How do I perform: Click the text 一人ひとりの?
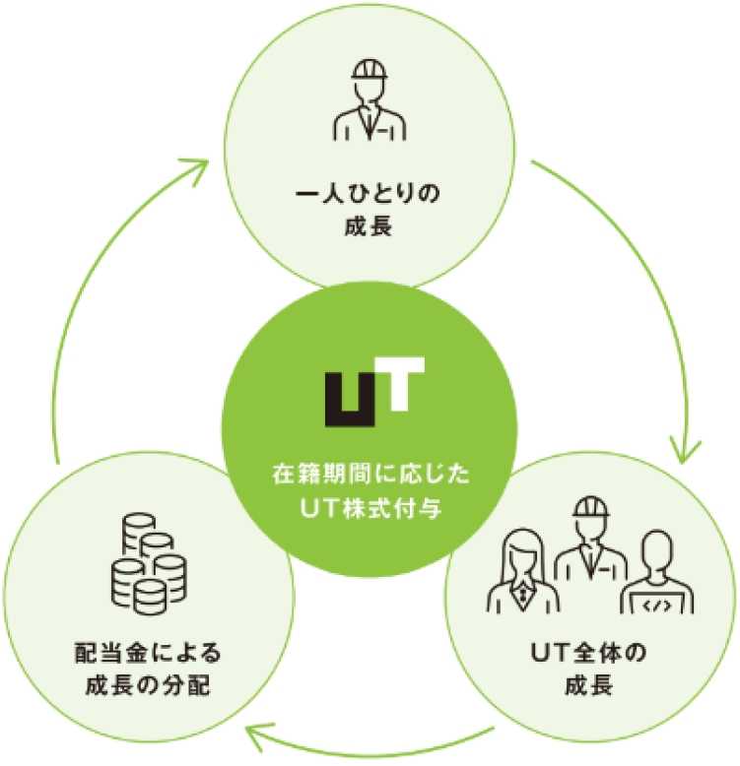[x=370, y=193]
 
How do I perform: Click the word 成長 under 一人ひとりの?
[x=370, y=226]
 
